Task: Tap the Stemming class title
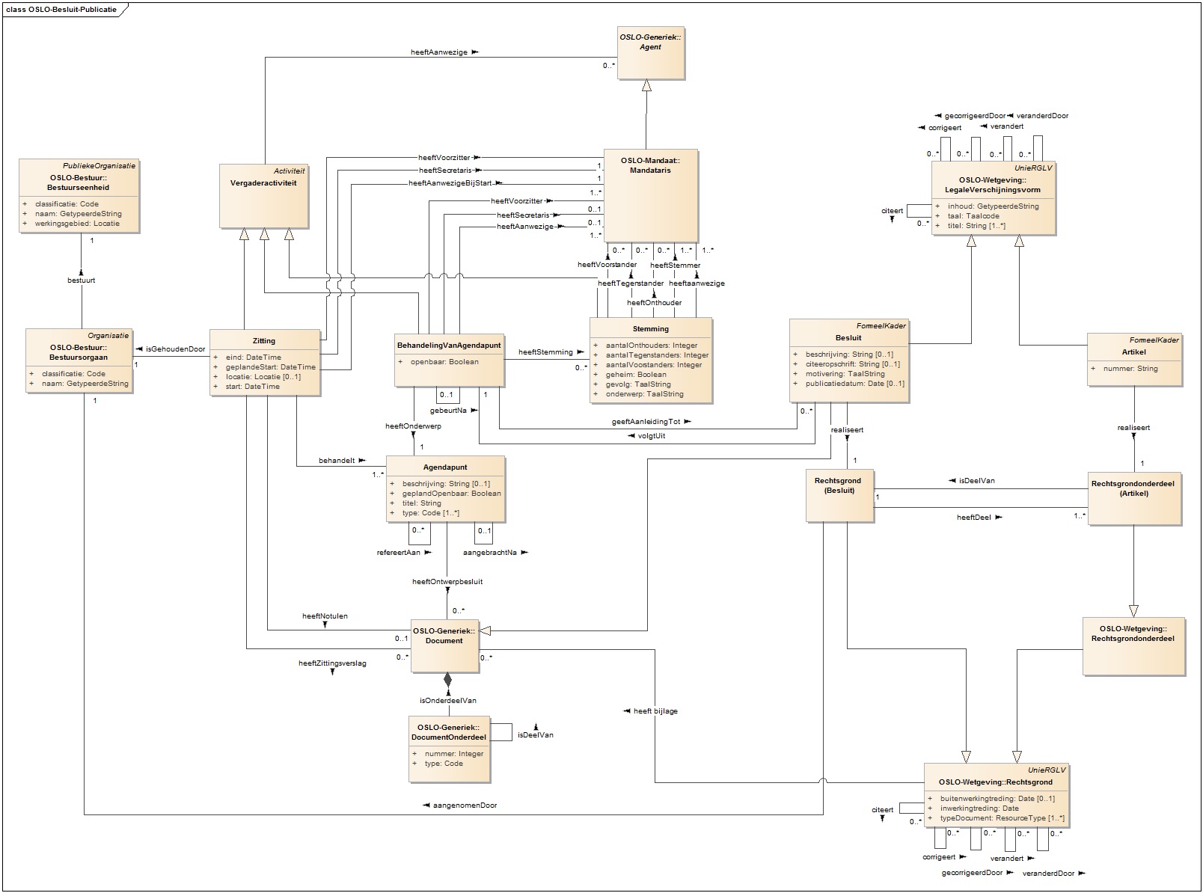pyautogui.click(x=650, y=328)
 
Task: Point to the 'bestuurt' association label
pyautogui.click(x=81, y=280)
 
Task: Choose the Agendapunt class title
pyautogui.click(x=446, y=467)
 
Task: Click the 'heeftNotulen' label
pyautogui.click(x=325, y=616)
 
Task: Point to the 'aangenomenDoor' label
pyautogui.click(x=465, y=805)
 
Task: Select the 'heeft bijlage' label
pyautogui.click(x=655, y=711)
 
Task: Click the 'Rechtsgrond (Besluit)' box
pyautogui.click(x=838, y=494)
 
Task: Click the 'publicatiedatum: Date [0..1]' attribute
pyautogui.click(x=854, y=384)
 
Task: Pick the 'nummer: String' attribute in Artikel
pyautogui.click(x=1130, y=369)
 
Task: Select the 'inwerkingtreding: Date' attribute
pyautogui.click(x=979, y=808)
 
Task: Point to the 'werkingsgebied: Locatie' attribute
pyautogui.click(x=77, y=223)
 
